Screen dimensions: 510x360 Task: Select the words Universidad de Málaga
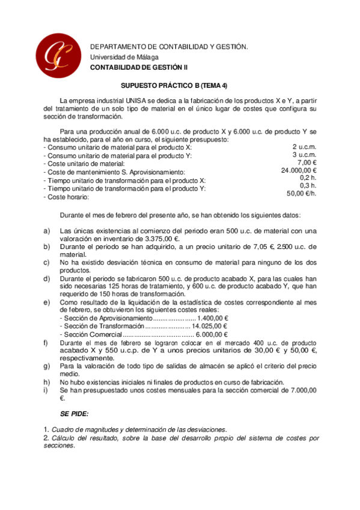click(124, 57)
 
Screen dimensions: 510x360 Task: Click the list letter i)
click(47, 390)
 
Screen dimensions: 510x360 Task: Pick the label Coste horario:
click(67, 197)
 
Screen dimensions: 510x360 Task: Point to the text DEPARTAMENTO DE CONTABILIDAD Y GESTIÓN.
click(168, 47)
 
